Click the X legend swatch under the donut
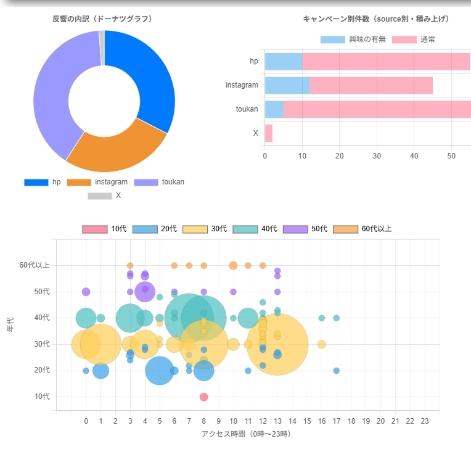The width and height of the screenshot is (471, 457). pos(99,196)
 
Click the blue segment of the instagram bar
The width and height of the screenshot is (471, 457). pos(287,85)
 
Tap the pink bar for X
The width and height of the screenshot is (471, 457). pos(268,133)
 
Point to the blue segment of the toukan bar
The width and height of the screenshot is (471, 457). pos(274,109)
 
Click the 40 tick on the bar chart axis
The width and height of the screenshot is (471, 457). pos(414,155)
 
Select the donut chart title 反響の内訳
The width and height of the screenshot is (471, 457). pos(102,19)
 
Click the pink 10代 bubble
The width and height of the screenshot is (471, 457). pos(203,397)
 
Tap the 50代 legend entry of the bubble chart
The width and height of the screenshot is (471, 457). pos(305,229)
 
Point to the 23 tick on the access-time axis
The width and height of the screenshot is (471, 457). pos(424,421)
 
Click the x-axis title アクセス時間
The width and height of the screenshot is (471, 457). pos(246,434)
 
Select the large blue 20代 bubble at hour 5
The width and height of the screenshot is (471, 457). pos(160,371)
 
